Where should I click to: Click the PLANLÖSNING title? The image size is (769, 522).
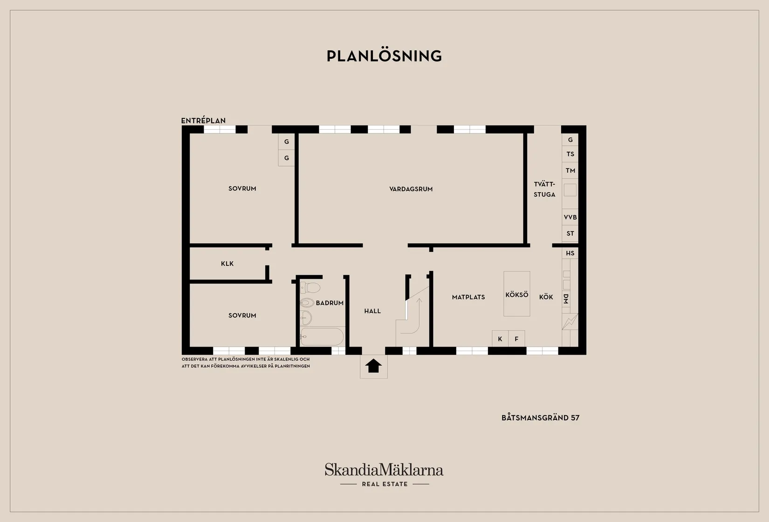pyautogui.click(x=384, y=56)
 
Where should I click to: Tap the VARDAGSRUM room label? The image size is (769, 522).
pyautogui.click(x=411, y=189)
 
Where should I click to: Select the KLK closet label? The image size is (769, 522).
pyautogui.click(x=227, y=264)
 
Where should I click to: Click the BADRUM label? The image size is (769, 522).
pyautogui.click(x=330, y=303)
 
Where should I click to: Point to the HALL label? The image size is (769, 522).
pyautogui.click(x=372, y=311)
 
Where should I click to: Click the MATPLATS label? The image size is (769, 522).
pyautogui.click(x=468, y=297)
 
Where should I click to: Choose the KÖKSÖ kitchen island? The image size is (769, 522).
pyautogui.click(x=517, y=294)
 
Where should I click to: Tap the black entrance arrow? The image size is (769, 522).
pyautogui.click(x=373, y=366)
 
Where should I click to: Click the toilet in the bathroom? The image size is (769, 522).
pyautogui.click(x=310, y=287)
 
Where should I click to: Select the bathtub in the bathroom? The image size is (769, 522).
pyautogui.click(x=322, y=336)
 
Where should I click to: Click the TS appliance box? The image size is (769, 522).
pyautogui.click(x=570, y=154)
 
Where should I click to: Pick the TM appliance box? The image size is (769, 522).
pyautogui.click(x=570, y=170)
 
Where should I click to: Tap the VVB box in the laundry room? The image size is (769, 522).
pyautogui.click(x=570, y=217)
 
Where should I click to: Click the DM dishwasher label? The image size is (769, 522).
pyautogui.click(x=566, y=299)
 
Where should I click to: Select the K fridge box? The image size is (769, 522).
pyautogui.click(x=500, y=339)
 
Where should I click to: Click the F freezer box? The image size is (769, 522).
pyautogui.click(x=516, y=339)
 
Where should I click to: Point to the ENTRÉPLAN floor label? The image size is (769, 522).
pyautogui.click(x=203, y=121)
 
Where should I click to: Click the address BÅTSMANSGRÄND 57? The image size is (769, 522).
pyautogui.click(x=540, y=418)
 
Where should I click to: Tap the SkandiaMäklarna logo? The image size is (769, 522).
pyautogui.click(x=384, y=474)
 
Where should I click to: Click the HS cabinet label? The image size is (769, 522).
pyautogui.click(x=570, y=253)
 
